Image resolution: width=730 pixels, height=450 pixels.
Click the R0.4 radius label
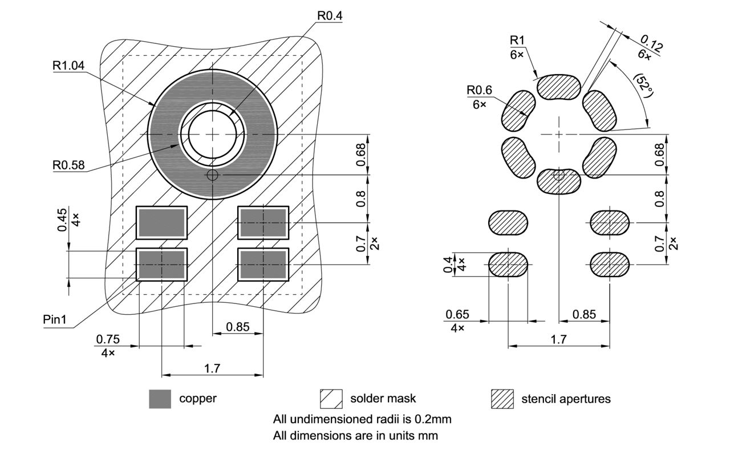[x=330, y=16]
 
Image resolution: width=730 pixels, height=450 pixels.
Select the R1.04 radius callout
[x=68, y=66]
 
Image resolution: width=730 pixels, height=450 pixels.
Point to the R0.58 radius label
[x=68, y=165]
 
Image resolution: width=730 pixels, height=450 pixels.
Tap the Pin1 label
[x=55, y=319]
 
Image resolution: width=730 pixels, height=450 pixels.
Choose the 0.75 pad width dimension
[x=108, y=339]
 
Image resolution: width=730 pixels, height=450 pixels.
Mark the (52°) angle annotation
[x=643, y=86]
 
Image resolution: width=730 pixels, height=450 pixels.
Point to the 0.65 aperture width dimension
[x=457, y=314]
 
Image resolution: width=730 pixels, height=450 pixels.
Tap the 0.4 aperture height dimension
[x=448, y=264]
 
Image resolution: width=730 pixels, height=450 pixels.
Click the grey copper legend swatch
[x=160, y=399]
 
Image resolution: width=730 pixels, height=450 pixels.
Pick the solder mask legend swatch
[x=331, y=399]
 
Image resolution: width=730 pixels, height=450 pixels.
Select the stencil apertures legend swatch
[x=502, y=399]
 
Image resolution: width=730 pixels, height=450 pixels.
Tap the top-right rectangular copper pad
[x=263, y=222]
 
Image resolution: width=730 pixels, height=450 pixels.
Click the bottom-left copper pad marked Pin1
[x=161, y=265]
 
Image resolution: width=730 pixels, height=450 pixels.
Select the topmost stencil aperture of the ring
[x=559, y=86]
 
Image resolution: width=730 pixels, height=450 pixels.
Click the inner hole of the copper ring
[x=213, y=134]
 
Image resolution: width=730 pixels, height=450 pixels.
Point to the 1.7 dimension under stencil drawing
[x=558, y=339]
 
